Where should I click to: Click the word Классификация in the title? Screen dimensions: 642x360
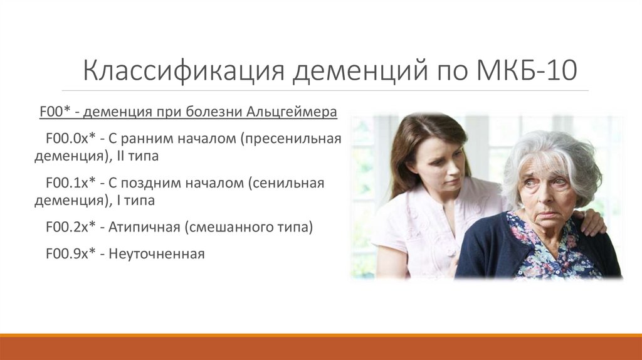click(x=184, y=70)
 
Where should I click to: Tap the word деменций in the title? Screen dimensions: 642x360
click(x=360, y=70)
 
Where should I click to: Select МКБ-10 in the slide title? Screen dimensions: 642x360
click(x=527, y=70)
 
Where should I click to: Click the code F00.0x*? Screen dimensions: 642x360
click(x=70, y=139)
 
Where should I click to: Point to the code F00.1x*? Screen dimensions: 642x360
click(x=70, y=183)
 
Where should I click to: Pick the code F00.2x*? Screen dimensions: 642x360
click(x=70, y=226)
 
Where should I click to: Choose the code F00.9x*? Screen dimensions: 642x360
click(x=70, y=253)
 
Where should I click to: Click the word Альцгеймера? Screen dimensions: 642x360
click(x=292, y=112)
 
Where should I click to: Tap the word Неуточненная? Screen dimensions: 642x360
click(x=156, y=254)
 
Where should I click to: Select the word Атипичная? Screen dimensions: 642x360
click(x=144, y=227)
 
